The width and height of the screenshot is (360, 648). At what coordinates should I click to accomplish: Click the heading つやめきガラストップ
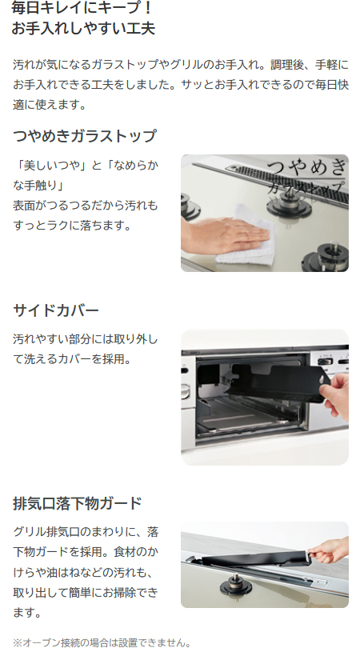[85, 135]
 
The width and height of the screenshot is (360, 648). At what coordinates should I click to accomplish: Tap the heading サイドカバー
[56, 310]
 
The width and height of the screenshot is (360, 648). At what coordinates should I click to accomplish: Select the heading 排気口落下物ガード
[78, 503]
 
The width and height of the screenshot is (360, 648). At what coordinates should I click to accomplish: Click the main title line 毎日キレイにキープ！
[82, 8]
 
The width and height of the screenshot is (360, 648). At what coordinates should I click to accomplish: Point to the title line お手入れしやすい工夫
[83, 29]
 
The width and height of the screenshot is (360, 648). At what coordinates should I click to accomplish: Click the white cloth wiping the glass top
[246, 238]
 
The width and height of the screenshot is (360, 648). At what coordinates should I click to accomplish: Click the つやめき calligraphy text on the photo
[306, 167]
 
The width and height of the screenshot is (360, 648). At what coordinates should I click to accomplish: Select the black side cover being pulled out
[276, 383]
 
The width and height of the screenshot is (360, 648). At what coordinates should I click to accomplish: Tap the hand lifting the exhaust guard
[330, 550]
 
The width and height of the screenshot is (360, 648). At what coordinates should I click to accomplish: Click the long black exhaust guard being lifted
[255, 558]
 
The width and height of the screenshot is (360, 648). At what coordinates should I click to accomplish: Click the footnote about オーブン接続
[102, 642]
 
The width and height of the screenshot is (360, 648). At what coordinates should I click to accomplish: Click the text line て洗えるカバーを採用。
[72, 358]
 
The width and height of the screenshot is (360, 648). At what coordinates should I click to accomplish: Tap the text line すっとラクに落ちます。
[72, 226]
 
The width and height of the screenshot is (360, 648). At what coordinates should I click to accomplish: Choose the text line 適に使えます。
[49, 105]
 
